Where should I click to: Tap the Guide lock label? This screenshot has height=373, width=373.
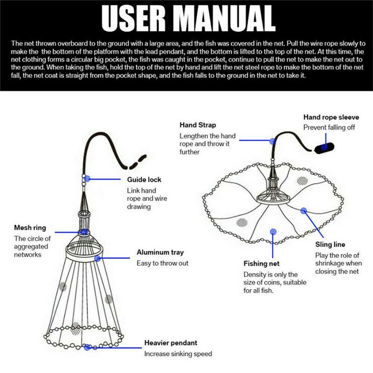(x=145, y=180)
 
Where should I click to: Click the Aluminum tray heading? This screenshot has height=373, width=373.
(x=160, y=253)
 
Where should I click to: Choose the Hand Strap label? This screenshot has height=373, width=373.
(x=198, y=125)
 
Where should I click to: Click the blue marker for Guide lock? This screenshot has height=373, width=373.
(x=87, y=178)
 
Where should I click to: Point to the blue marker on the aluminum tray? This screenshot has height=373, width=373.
(x=97, y=258)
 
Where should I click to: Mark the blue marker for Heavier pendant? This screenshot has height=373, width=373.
(x=87, y=347)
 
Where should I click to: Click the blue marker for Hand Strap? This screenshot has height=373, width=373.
(x=272, y=140)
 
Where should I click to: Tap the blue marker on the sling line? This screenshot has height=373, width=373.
(x=304, y=211)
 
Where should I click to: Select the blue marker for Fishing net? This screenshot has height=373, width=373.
(x=273, y=231)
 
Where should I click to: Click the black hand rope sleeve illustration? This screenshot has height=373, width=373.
(x=324, y=147)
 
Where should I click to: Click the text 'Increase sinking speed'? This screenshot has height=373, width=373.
(x=178, y=354)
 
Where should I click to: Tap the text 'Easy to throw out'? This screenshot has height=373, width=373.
(x=163, y=263)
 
